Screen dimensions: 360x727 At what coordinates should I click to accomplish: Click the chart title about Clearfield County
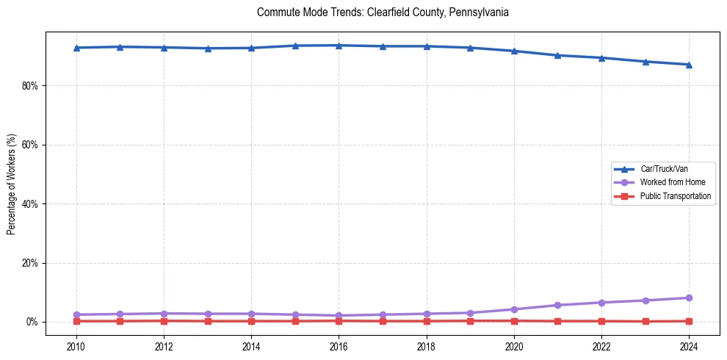(383, 12)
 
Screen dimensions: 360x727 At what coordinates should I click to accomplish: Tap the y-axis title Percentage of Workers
(12, 184)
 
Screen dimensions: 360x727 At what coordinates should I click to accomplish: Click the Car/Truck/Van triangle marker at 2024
(689, 65)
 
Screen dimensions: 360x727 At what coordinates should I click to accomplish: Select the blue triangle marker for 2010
(76, 48)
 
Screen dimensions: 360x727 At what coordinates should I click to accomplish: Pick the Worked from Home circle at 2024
(689, 298)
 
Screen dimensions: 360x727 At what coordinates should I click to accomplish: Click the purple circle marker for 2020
(514, 309)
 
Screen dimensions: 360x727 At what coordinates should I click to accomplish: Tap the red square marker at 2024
(689, 321)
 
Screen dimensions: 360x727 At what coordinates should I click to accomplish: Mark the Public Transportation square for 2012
(164, 320)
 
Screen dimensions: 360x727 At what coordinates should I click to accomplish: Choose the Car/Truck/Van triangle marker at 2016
(339, 46)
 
